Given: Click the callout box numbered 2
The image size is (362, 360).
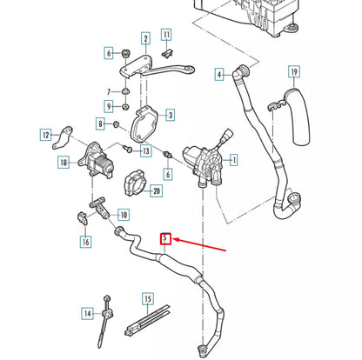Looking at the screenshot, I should [x=145, y=37].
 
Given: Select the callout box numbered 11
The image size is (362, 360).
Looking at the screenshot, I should [x=167, y=36].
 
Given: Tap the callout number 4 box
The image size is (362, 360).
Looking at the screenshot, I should [x=219, y=73].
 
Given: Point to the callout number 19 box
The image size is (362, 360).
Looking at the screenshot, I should [x=294, y=71].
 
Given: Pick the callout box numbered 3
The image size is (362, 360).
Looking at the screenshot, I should [x=170, y=114].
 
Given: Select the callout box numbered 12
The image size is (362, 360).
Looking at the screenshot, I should [x=45, y=134].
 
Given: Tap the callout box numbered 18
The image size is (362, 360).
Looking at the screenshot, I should [x=63, y=163].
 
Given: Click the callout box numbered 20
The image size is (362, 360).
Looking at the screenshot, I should [x=157, y=190].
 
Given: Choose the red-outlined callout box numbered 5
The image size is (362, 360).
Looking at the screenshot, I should [x=165, y=237].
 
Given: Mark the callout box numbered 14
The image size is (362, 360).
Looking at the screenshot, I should [x=87, y=312].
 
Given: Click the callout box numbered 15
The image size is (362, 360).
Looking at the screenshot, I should [x=147, y=300].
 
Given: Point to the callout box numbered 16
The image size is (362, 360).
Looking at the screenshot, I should [x=85, y=241].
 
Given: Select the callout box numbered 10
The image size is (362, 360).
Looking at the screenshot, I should [x=123, y=214].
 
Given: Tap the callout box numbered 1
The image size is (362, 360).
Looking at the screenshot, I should [x=233, y=159].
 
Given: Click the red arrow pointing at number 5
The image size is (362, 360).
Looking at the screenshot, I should [x=200, y=246].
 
